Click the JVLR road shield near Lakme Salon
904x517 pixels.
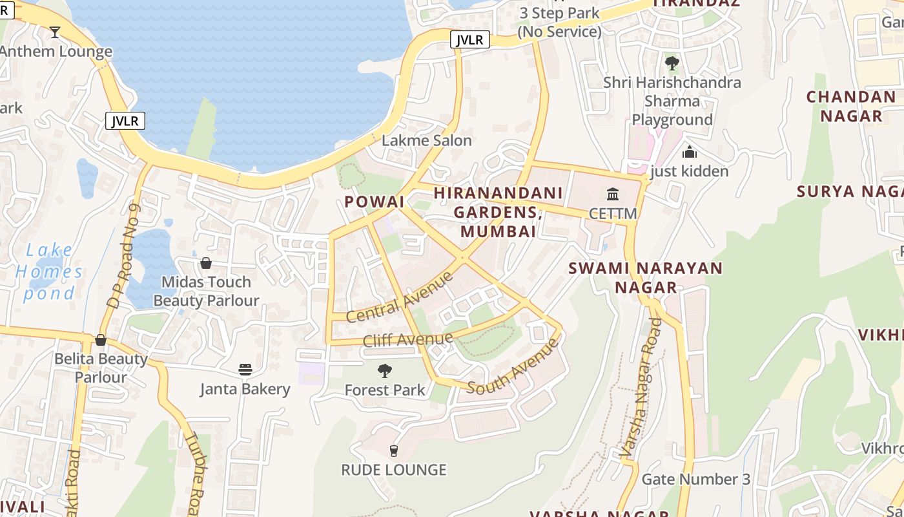(x=469, y=40)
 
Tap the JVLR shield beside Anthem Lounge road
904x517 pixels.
(x=125, y=121)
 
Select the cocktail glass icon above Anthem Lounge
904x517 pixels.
(x=55, y=32)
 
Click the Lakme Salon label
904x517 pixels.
(x=426, y=140)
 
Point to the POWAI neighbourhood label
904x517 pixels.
(x=374, y=202)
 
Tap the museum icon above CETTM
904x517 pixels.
(x=612, y=194)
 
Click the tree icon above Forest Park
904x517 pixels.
(x=385, y=371)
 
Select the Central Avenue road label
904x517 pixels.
(x=400, y=298)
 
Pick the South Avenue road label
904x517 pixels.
(x=513, y=366)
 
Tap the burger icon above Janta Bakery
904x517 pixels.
(x=245, y=370)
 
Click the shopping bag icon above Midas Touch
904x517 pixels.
(x=205, y=263)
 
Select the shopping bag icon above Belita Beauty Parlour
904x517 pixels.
(x=101, y=340)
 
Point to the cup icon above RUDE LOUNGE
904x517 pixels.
(x=394, y=450)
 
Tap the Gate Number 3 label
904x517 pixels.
(x=695, y=480)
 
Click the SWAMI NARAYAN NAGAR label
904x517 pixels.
(x=645, y=278)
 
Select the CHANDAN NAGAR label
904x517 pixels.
(x=851, y=107)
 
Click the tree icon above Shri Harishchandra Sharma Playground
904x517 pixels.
(x=672, y=63)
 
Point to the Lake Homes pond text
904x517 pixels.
(x=50, y=271)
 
